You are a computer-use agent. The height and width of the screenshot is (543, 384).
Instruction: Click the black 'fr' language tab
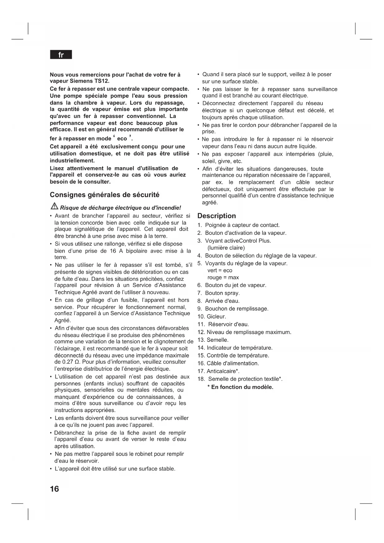pos(61,55)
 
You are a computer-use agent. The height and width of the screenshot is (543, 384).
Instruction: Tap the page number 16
pos(54,489)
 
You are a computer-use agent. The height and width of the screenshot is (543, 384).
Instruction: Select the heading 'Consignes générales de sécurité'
pos(105,195)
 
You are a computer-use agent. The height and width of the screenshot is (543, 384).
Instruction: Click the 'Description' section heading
pos(217,216)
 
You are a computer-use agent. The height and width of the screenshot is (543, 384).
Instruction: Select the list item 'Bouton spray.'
pos(222,293)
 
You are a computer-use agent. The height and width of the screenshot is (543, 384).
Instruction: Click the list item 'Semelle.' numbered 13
pos(217,340)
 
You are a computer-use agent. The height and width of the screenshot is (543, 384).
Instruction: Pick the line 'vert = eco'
pos(220,270)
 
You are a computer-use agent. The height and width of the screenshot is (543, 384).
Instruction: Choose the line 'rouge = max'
pos(223,277)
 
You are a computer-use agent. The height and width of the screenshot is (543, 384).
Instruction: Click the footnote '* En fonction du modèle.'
pos(240,387)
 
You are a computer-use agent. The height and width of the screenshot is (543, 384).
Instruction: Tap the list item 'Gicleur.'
pos(216,316)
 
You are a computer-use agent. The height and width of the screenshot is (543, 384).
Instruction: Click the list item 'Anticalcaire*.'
pos(223,371)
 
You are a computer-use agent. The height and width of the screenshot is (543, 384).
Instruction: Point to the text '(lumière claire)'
pos(226,248)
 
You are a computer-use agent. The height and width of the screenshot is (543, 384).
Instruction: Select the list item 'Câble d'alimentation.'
pos(233,363)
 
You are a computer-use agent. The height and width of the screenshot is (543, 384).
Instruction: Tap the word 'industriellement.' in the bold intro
pos(72,160)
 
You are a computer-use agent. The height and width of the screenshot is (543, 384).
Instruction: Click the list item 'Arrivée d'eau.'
pos(222,301)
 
